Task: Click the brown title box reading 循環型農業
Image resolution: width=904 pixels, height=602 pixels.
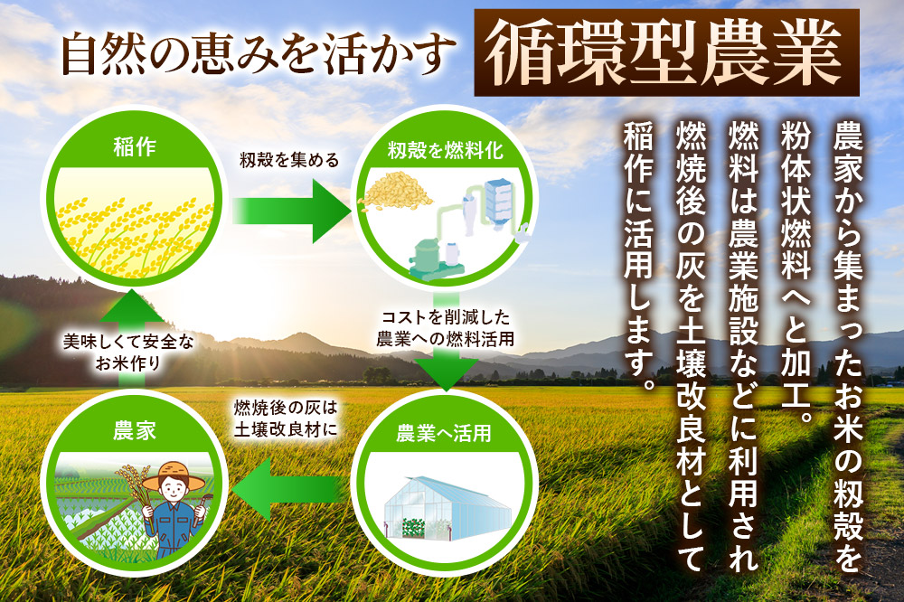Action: pyautogui.click(x=666, y=52)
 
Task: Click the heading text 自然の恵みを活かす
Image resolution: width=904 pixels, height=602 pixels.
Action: pyautogui.click(x=255, y=55)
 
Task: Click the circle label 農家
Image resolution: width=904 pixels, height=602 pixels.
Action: pyautogui.click(x=135, y=431)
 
